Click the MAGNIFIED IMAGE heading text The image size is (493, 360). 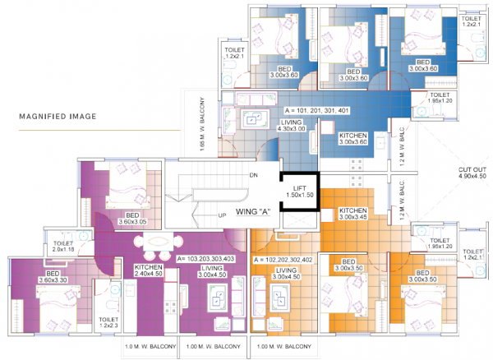58,117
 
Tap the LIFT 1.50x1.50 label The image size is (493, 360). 299,192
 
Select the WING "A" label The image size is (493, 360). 253,211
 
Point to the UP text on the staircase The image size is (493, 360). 222,215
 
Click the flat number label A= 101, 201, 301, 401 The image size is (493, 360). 317,110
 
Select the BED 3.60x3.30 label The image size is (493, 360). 53,276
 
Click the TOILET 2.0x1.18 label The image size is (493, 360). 64,247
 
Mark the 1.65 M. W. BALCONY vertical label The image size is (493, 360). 202,123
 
